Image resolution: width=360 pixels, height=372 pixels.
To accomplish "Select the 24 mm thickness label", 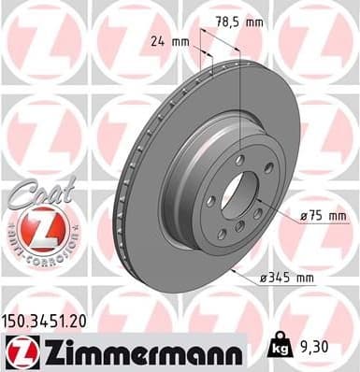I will point(170,42).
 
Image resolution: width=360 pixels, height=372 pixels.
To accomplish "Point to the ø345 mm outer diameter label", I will point(285,278).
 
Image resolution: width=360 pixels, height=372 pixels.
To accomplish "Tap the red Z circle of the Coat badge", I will point(34,228).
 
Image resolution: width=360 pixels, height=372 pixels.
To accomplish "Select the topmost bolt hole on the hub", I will point(241,161).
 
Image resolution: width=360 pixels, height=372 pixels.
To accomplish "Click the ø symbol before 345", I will point(264,278).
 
